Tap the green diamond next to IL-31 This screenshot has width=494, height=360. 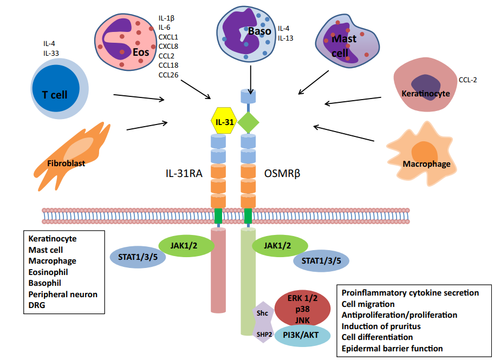coord(248,122)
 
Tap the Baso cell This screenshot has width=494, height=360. coord(246,32)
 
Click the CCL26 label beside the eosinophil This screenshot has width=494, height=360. coord(168,75)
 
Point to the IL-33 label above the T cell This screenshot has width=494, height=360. coord(51,53)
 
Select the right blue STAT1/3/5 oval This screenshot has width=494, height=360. coord(321,261)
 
